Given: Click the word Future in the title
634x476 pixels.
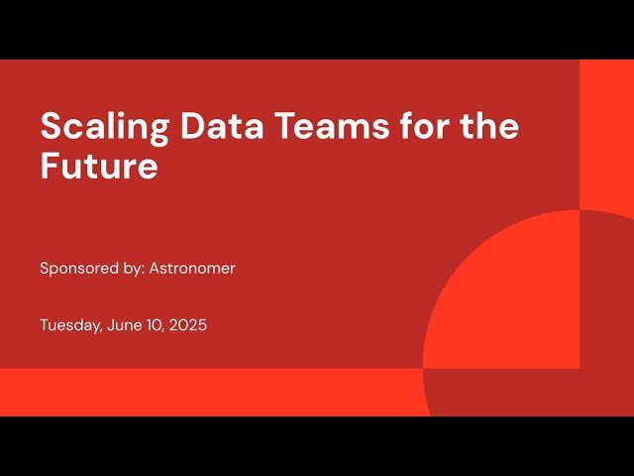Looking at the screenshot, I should click(x=99, y=166).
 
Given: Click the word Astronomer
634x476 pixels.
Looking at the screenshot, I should click(x=192, y=268).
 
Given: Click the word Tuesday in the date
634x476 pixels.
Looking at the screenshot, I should click(x=67, y=324).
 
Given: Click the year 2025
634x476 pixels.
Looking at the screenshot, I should click(x=188, y=324).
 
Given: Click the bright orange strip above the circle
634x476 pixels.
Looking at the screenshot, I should click(x=606, y=129).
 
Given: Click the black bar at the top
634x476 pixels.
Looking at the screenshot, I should click(x=317, y=29).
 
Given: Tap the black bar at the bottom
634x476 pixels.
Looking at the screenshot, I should click(x=317, y=446).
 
